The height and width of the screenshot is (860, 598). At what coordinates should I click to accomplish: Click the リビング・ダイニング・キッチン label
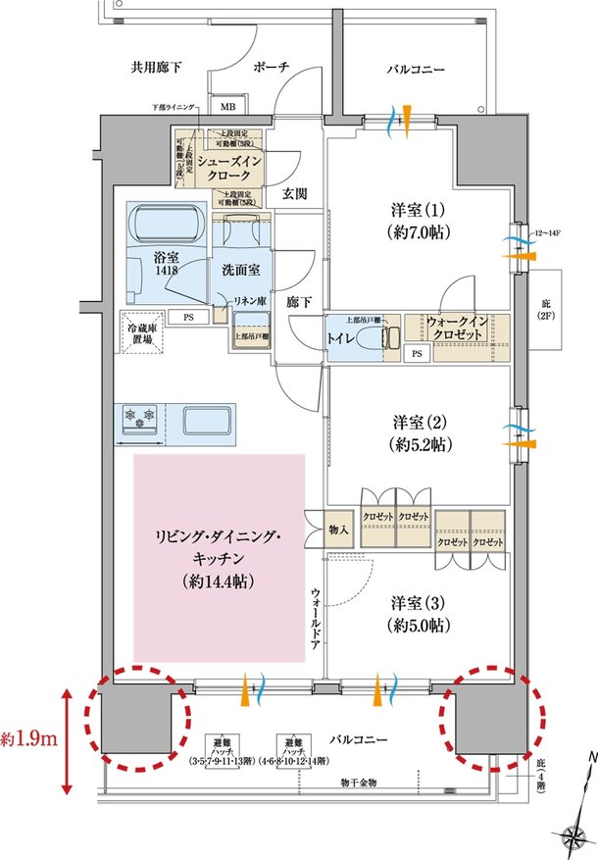[219, 559]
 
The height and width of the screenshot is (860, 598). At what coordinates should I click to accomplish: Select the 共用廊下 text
[157, 68]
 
